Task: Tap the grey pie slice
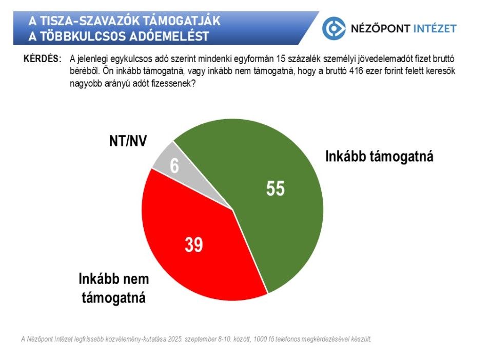pyautogui.click(x=187, y=175)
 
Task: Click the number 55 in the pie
pyautogui.click(x=276, y=188)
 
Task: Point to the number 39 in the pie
pyautogui.click(x=194, y=244)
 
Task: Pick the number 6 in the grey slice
pyautogui.click(x=174, y=165)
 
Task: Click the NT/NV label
pyautogui.click(x=128, y=141)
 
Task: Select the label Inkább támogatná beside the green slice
pyautogui.click(x=379, y=157)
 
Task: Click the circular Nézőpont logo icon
pyautogui.click(x=334, y=28)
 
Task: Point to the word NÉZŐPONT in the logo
pyautogui.click(x=380, y=28)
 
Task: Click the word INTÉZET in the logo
pyautogui.click(x=435, y=28)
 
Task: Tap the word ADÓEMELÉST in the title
pyautogui.click(x=169, y=36)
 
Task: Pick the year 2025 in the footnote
pyautogui.click(x=175, y=339)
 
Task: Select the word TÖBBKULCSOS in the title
pyautogui.click(x=83, y=36)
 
